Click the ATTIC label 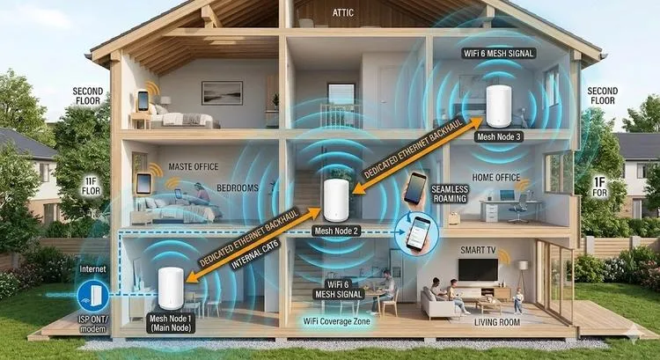click(x=343, y=13)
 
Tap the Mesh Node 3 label click(x=499, y=136)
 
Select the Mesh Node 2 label click(x=336, y=231)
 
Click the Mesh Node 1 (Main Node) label click(x=171, y=323)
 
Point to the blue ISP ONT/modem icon click(x=92, y=296)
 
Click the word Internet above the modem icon click(x=92, y=268)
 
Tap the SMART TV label click(x=478, y=251)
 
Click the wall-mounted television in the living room click(x=478, y=269)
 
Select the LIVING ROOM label click(x=497, y=322)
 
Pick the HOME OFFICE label click(x=496, y=178)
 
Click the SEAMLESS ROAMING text click(x=450, y=194)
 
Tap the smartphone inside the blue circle click(x=418, y=233)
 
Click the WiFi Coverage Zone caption click(x=337, y=321)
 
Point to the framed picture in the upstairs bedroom click(x=222, y=92)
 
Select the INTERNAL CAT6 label click(x=255, y=255)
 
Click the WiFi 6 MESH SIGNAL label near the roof click(x=499, y=54)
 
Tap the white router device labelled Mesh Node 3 click(x=499, y=107)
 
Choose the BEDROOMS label click(x=238, y=187)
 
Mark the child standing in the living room click(x=518, y=301)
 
